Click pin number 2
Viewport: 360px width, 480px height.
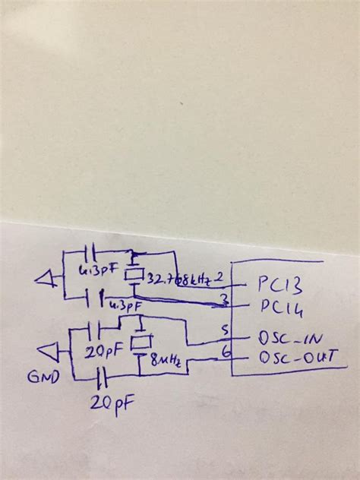(220, 276)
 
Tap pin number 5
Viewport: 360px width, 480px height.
(224, 330)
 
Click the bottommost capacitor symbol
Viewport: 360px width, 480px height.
(101, 377)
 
